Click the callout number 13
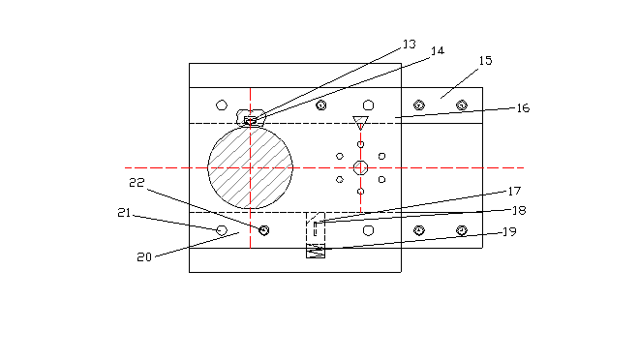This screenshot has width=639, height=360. coord(410,44)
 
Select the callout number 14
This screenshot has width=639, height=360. coord(438,50)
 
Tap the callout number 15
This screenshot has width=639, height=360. coord(485,61)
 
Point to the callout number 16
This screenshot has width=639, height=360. coord(523,108)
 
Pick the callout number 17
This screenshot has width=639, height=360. coord(514,191)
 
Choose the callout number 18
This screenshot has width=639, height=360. coord(519,210)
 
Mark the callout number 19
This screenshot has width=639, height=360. coord(510,231)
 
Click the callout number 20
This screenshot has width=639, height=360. coord(144,257)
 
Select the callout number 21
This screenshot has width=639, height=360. coord(124,213)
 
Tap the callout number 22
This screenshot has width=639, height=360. coord(137,183)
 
